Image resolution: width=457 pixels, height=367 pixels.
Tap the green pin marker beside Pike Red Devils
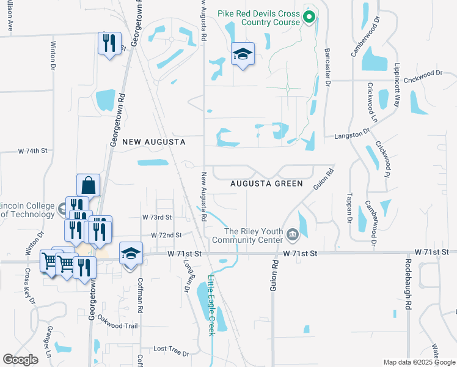tap(309, 17)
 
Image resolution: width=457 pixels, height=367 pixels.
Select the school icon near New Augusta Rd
tap(243, 54)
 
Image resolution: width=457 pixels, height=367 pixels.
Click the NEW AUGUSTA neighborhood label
tap(153, 142)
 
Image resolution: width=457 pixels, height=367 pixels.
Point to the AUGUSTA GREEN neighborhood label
tap(267, 183)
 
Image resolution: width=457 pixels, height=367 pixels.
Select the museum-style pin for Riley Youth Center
tap(293, 233)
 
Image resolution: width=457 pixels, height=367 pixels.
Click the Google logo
tap(20, 360)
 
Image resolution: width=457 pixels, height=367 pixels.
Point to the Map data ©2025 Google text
tap(419, 362)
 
